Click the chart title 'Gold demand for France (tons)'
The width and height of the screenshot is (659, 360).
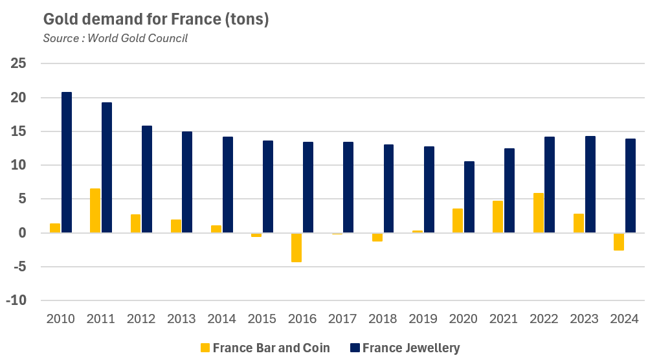[155, 19]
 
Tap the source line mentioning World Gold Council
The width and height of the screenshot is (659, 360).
[115, 38]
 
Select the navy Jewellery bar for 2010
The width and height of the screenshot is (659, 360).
[67, 162]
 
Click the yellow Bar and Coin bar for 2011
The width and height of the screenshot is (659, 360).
[95, 210]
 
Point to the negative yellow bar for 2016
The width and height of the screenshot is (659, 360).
[296, 247]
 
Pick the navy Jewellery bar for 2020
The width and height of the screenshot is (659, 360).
[469, 197]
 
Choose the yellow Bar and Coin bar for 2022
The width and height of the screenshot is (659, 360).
[539, 212]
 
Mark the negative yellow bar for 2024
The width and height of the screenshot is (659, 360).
[619, 242]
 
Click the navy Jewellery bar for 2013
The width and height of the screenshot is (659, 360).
[187, 182]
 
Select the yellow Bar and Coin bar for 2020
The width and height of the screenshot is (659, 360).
[458, 220]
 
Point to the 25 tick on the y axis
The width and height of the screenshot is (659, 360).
[19, 64]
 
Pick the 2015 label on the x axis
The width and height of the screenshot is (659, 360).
[262, 319]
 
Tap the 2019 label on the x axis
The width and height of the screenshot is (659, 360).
[423, 319]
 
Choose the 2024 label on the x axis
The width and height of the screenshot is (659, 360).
[624, 319]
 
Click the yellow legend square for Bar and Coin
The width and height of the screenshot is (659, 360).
[205, 348]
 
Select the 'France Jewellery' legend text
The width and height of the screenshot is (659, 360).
[411, 348]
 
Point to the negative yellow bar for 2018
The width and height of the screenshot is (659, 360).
[377, 237]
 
